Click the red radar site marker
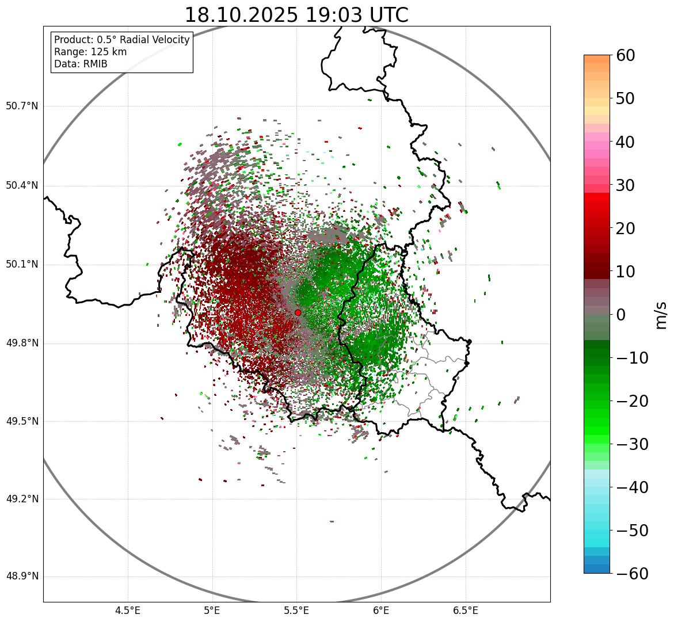pos(298,312)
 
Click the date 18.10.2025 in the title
pos(242,15)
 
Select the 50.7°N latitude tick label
pos(22,106)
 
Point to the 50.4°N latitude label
pos(22,185)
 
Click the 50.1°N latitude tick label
pos(22,265)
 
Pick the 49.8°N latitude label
pos(22,344)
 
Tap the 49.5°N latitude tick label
pos(22,421)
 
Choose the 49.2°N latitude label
pos(22,499)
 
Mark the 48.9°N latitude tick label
pos(22,577)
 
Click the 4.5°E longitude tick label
pos(128,610)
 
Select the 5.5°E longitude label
pos(296,610)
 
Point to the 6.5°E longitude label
pos(465,610)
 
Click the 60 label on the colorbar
pos(626,56)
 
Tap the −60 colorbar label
pos(632,574)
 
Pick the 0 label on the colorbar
pos(621,315)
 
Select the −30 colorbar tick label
pos(632,444)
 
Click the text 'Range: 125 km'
pos(90,52)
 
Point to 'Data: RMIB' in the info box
pos(81,64)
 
